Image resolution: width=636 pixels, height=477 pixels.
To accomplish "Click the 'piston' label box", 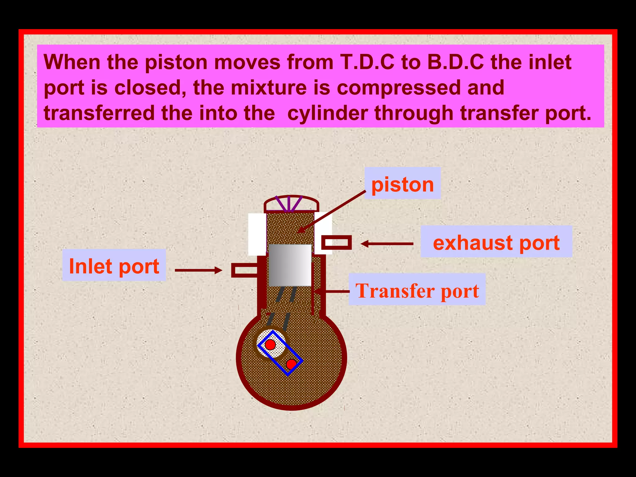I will [x=402, y=184].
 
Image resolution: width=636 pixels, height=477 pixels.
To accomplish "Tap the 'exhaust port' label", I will [x=496, y=242].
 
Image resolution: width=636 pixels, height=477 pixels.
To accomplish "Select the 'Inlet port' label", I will [x=114, y=266].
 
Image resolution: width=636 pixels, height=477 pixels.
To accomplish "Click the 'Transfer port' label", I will [x=417, y=290].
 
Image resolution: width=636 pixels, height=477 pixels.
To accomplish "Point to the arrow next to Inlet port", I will [x=199, y=270].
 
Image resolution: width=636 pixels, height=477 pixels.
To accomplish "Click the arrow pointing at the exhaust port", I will [x=387, y=244].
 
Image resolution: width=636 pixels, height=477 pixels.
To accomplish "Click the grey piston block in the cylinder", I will [x=290, y=265].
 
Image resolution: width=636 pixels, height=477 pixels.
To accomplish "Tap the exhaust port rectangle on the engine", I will [x=336, y=243].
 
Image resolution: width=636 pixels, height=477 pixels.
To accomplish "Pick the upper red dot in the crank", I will [x=270, y=344].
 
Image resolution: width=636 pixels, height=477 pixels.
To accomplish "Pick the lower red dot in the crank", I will [x=291, y=364].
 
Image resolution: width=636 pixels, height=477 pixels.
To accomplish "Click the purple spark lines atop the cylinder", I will [x=289, y=204].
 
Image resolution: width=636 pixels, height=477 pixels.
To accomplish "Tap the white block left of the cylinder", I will [x=257, y=234].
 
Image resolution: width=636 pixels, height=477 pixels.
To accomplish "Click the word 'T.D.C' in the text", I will [x=367, y=62].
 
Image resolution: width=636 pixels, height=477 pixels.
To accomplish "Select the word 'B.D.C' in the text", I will [x=455, y=62].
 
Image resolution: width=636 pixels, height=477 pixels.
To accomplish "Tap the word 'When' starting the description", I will [x=72, y=62].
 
